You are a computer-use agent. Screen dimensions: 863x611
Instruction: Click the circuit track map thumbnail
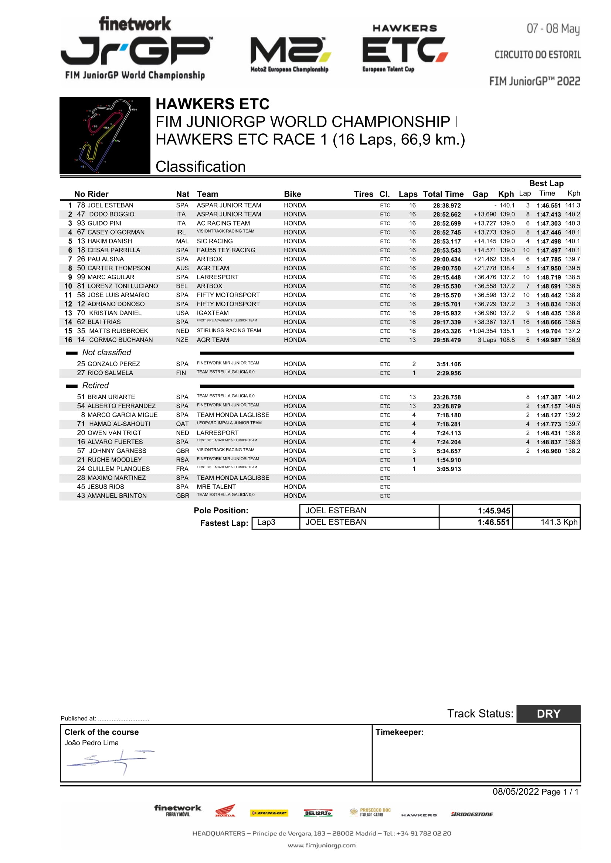(105, 135)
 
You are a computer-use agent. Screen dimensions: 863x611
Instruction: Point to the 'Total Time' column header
(443, 194)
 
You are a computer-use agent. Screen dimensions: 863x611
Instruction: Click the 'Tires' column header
(363, 194)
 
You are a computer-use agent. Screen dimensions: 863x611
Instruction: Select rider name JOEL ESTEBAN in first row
(110, 205)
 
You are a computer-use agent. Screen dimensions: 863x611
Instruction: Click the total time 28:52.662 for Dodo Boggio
(447, 215)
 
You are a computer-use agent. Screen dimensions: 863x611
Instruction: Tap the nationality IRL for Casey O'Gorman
(181, 232)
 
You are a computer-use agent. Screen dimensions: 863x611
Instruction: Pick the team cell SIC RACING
(214, 241)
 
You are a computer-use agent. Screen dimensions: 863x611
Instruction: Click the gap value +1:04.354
(482, 331)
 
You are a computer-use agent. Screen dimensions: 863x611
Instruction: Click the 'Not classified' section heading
(106, 353)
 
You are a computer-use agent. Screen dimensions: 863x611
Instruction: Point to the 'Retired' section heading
(95, 386)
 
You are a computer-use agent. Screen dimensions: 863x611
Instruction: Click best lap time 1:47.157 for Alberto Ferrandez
(549, 406)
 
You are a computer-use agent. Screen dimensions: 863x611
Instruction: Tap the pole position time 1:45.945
(493, 511)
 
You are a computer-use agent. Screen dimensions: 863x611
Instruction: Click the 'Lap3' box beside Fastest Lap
(267, 523)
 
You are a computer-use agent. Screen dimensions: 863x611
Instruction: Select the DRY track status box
(548, 714)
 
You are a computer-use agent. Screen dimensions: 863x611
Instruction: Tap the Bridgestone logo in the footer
(472, 814)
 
